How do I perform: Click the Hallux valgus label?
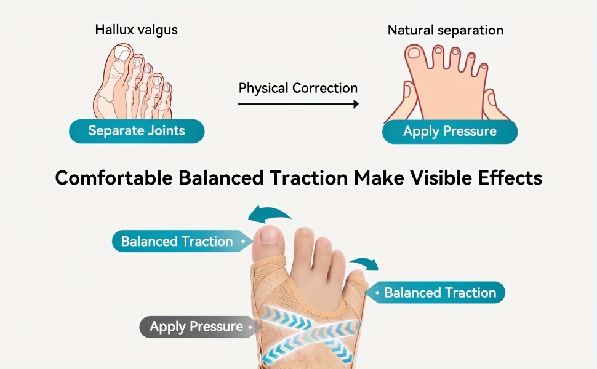click(x=136, y=30)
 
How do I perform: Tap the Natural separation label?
click(x=446, y=30)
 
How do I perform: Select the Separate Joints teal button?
click(x=137, y=131)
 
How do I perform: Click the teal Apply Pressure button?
click(x=450, y=132)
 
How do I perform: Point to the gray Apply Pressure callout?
click(x=198, y=327)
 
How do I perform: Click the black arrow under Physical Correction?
click(x=298, y=104)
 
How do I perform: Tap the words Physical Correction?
click(x=298, y=89)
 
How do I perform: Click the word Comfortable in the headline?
click(x=114, y=178)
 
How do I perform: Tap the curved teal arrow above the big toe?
click(x=268, y=213)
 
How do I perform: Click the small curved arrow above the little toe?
click(x=365, y=263)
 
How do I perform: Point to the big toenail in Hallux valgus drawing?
click(x=123, y=53)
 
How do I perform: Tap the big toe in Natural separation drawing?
click(x=415, y=57)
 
